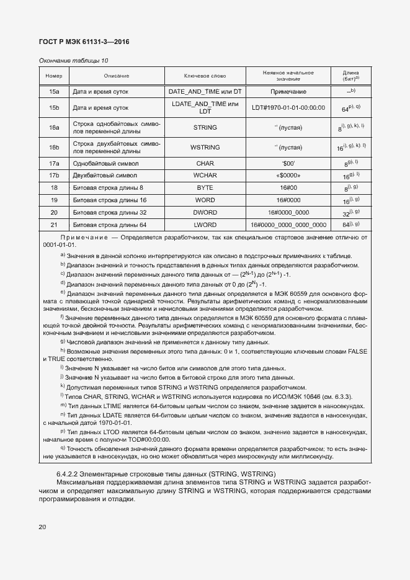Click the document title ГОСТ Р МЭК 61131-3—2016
pyautogui.click(x=84, y=42)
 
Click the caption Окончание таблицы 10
pyautogui.click(x=73, y=61)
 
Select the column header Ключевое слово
pyautogui.click(x=205, y=76)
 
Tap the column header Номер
pyautogui.click(x=54, y=76)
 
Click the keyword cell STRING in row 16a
pyautogui.click(x=205, y=127)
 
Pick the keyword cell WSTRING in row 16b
pyautogui.click(x=205, y=148)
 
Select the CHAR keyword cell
pyautogui.click(x=205, y=164)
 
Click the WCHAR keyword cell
pyautogui.click(x=205, y=176)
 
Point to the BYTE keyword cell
pyautogui.click(x=205, y=187)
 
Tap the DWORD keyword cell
pyautogui.click(x=205, y=212)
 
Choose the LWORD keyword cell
pyautogui.click(x=205, y=225)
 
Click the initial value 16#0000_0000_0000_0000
pyautogui.click(x=288, y=225)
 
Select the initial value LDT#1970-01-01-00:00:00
pyautogui.click(x=288, y=107)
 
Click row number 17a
pyautogui.click(x=54, y=164)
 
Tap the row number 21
pyautogui.click(x=54, y=225)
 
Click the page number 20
pyautogui.click(x=42, y=527)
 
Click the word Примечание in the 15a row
pyautogui.click(x=288, y=91)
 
